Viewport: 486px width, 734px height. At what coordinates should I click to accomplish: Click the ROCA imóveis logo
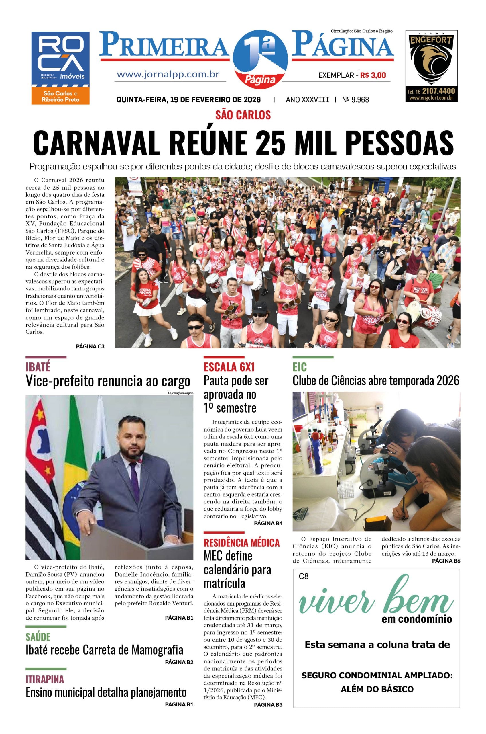pyautogui.click(x=60, y=68)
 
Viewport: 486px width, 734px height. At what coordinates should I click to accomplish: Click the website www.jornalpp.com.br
pyautogui.click(x=168, y=75)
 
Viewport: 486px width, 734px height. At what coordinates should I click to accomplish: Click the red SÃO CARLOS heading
pyautogui.click(x=243, y=115)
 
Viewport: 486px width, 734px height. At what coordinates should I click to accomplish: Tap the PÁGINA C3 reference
pyautogui.click(x=90, y=346)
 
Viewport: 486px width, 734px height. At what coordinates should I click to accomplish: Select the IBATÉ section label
pyautogui.click(x=38, y=367)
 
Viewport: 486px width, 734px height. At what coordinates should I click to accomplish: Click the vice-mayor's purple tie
pyautogui.click(x=134, y=476)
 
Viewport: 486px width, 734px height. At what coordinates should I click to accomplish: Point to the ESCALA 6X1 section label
pyautogui.click(x=229, y=367)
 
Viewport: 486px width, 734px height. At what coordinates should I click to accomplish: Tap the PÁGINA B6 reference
pyautogui.click(x=446, y=561)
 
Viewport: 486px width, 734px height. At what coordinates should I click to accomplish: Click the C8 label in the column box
pyautogui.click(x=304, y=576)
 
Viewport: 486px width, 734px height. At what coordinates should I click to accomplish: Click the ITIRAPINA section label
pyautogui.click(x=45, y=679)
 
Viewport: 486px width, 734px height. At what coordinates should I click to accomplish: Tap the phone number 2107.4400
pyautogui.click(x=438, y=91)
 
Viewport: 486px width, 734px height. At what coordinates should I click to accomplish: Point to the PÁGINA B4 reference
pyautogui.click(x=268, y=523)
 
